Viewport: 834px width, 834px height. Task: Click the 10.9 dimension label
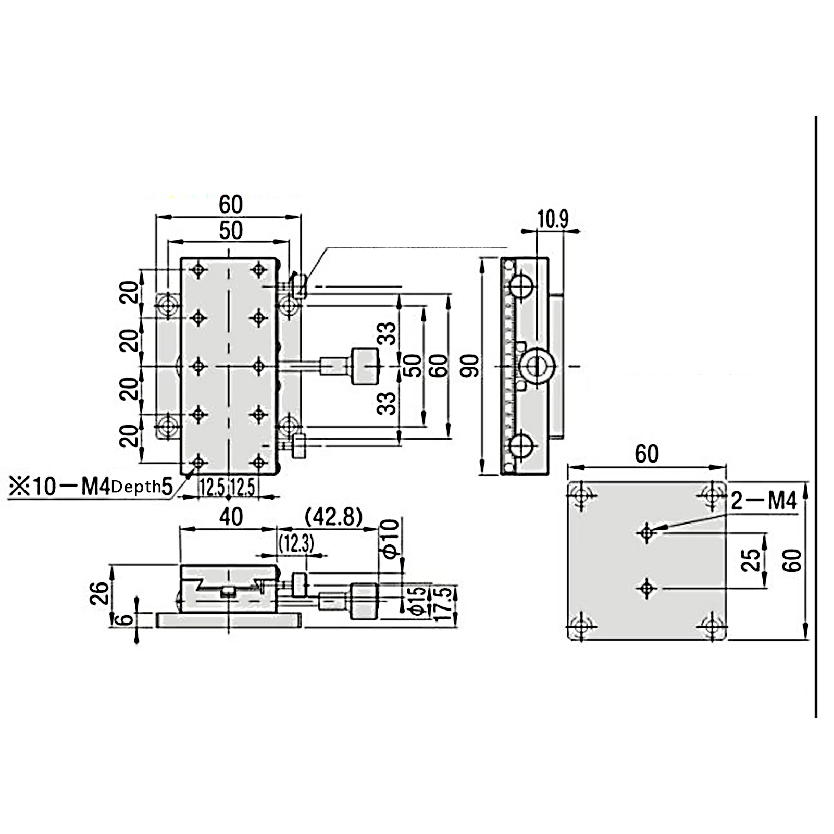553,219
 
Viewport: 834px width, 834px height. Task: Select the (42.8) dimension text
333,517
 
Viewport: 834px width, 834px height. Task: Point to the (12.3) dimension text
296,544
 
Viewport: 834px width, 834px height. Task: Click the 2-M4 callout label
764,501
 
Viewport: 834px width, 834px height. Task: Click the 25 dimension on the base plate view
751,561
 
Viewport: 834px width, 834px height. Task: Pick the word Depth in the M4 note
136,488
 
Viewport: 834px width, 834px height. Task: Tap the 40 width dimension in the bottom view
230,517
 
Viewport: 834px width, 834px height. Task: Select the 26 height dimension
100,592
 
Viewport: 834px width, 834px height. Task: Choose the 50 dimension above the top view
230,230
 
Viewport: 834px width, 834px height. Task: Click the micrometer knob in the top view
365,366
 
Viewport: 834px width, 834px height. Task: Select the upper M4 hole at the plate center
646,533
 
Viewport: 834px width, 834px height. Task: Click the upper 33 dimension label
387,333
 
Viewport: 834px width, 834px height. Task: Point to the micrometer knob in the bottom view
364,602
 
